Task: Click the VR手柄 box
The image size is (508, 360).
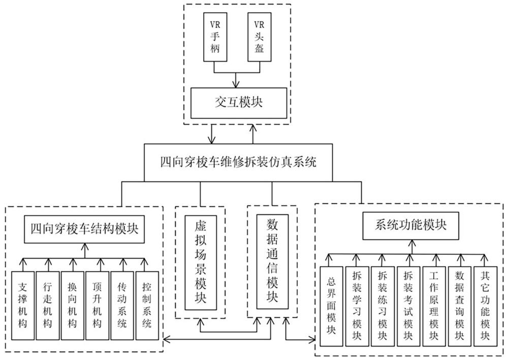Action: [x=215, y=37]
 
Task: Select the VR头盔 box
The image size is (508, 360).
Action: [x=259, y=37]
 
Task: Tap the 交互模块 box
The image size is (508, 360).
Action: [x=239, y=103]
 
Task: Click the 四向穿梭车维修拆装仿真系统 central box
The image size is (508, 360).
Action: [x=238, y=162]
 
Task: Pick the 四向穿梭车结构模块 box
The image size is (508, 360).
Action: [x=84, y=229]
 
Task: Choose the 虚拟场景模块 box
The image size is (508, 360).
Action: [x=201, y=263]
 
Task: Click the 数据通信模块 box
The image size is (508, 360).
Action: [x=272, y=261]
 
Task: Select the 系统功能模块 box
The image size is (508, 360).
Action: [x=410, y=225]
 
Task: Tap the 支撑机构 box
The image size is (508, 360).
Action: [x=23, y=305]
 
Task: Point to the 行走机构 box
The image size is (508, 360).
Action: [x=48, y=305]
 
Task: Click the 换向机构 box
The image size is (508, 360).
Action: [x=72, y=305]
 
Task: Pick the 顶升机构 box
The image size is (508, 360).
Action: [x=97, y=305]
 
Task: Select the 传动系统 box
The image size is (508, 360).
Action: [x=122, y=305]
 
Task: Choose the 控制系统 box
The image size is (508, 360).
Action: [x=147, y=305]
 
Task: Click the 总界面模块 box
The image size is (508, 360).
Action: [x=331, y=306]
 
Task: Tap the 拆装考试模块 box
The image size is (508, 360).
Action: [x=408, y=306]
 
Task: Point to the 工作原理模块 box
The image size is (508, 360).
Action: [x=434, y=306]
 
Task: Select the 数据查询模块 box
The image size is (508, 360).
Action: [x=459, y=306]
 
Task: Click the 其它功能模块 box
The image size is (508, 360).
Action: [x=485, y=306]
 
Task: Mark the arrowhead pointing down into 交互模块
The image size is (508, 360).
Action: [x=236, y=84]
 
